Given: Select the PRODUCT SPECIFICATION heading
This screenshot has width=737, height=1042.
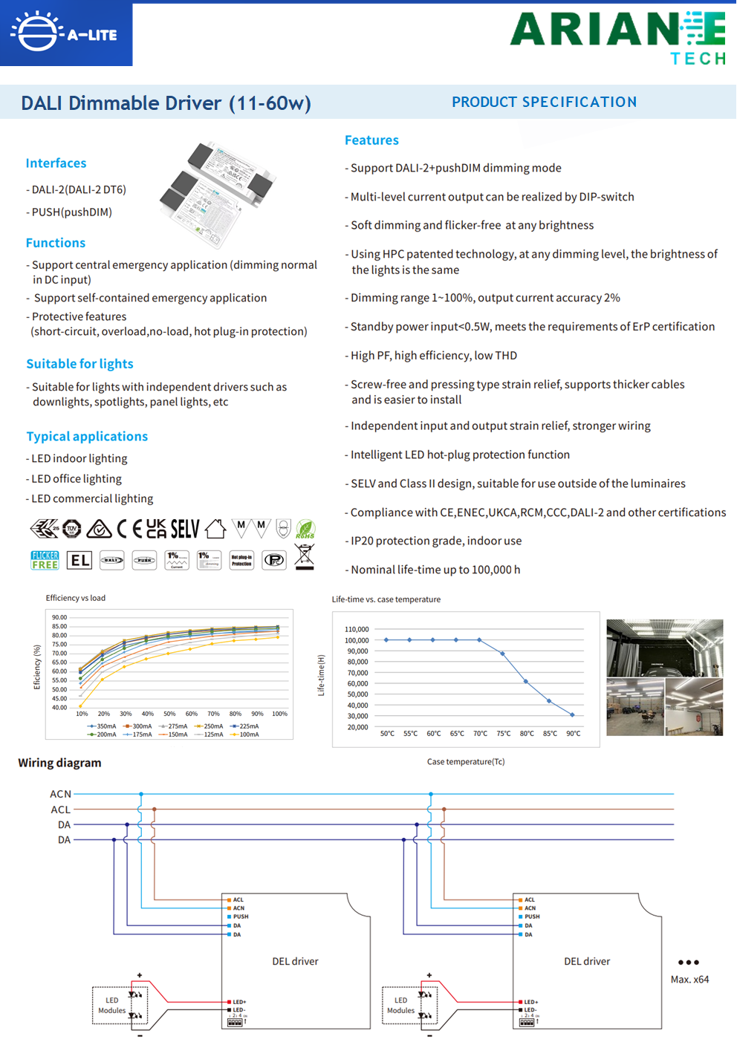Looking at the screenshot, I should [544, 102].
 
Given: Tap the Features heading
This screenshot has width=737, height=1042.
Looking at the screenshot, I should [371, 140].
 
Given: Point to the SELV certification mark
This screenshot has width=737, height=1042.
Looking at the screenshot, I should [185, 529].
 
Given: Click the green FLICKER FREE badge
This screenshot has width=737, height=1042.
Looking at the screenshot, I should [45, 560].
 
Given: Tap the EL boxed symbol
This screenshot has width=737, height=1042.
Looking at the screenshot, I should [79, 560].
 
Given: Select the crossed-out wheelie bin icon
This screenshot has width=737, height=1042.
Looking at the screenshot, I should [305, 557].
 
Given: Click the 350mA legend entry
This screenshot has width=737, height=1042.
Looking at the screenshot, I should [103, 726].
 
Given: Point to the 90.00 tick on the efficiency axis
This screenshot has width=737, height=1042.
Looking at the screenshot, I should [59, 617].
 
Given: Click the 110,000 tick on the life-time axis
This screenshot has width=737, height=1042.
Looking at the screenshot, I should [357, 629].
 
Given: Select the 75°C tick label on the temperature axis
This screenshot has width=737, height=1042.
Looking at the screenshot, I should [504, 734].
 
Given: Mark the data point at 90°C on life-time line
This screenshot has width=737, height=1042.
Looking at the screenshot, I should [572, 715].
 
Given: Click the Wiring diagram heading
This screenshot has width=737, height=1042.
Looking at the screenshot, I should [59, 763].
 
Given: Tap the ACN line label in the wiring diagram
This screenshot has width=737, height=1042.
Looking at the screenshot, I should [61, 794].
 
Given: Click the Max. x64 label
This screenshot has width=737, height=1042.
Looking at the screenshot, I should [689, 980].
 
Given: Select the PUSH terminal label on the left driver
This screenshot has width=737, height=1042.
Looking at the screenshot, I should [241, 916].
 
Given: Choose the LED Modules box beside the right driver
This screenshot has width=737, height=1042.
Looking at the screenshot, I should [401, 1006].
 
